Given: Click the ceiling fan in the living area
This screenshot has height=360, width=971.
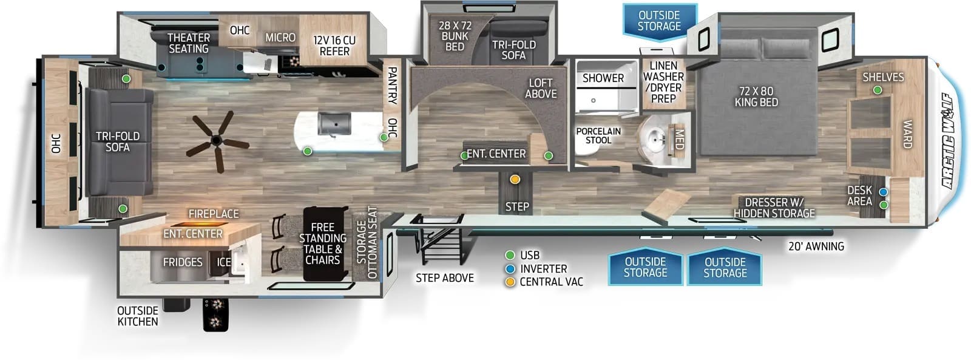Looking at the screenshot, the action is coord(217,141).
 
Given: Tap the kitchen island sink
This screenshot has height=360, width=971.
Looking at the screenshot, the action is coord(334,124).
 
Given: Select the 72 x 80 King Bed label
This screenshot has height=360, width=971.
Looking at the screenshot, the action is coord(756,97).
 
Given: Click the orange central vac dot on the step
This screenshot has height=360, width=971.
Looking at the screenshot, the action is coord(515,179).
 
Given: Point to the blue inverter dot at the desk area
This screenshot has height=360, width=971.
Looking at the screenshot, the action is coord(884,192).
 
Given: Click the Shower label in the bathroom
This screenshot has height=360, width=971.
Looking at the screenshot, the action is coord(603,78).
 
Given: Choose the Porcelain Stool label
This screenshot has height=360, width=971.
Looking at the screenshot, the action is coord(598,135).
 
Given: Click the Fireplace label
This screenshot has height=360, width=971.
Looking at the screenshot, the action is coord(214,214).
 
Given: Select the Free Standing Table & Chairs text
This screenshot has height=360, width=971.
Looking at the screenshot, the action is coord(323,244).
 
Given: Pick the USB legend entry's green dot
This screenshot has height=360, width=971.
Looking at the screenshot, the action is coord(510,255).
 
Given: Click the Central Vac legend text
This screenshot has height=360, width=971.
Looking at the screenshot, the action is coord(552,282).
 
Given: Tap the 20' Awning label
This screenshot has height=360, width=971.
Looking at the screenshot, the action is coord(816,246).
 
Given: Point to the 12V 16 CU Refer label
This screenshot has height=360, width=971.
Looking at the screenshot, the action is coord(334,46).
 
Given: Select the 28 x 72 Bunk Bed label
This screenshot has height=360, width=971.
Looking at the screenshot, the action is coord(455,36).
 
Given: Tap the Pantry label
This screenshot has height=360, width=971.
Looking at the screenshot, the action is coord(392,86).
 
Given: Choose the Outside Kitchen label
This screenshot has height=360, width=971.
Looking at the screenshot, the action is coord(137,316).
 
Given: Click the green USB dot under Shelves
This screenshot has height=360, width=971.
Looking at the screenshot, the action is coord(878,90).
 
